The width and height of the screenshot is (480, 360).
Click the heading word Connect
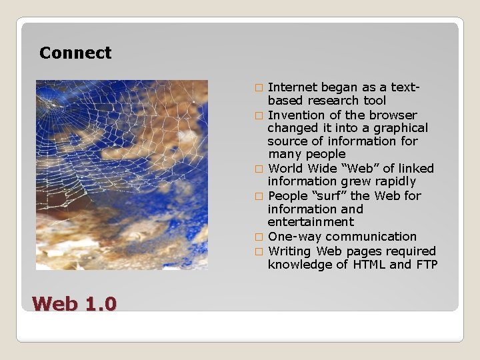pos(75,53)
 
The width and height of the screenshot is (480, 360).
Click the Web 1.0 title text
pos(74,304)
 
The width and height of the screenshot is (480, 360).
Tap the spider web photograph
pos(121,175)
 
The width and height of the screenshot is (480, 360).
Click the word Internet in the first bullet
pos(293,87)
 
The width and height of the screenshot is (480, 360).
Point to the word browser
pos(393,115)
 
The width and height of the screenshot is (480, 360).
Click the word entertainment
pos(311,222)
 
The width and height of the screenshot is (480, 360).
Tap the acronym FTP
pos(425,265)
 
